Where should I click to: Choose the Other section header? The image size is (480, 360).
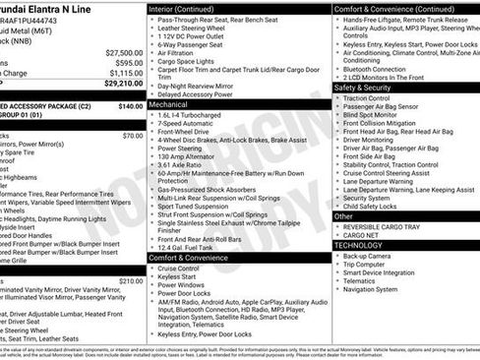coord(343,215)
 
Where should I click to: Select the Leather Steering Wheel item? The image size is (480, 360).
coord(195,29)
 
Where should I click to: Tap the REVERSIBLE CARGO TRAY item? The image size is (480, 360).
coord(384,225)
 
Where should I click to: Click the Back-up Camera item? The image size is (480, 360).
coord(368,255)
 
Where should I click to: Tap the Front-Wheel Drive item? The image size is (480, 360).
coord(187,132)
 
